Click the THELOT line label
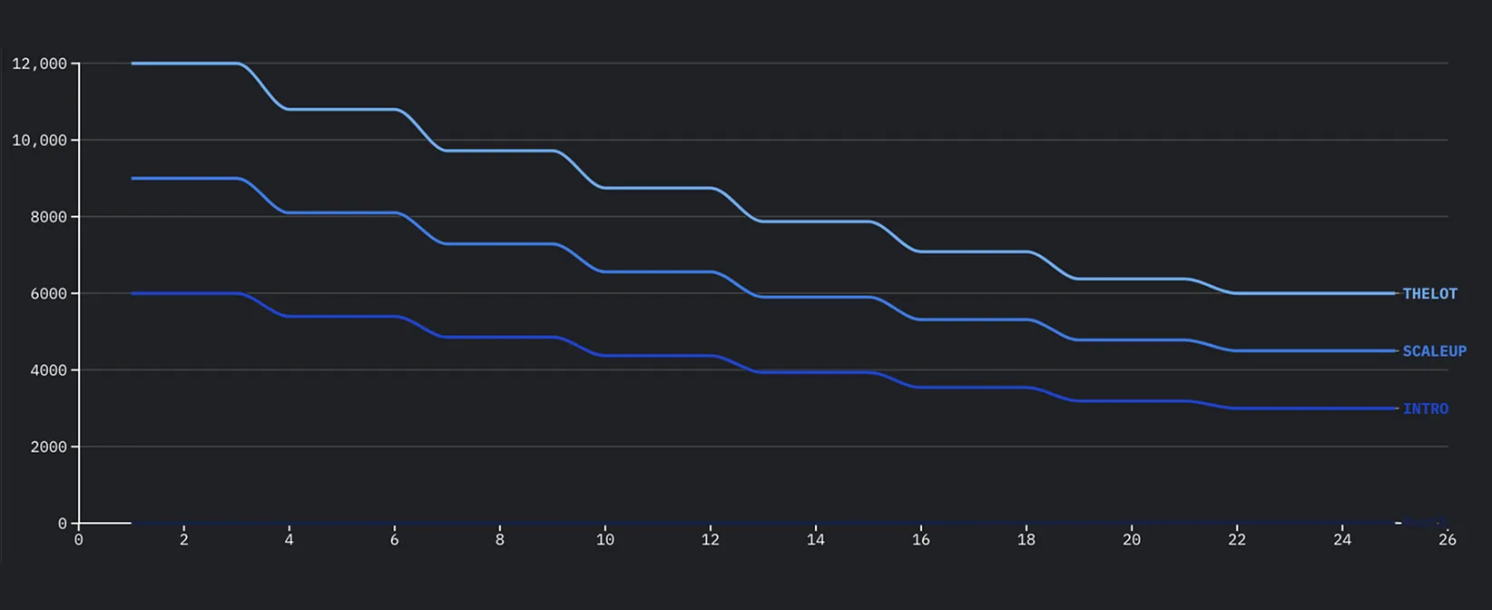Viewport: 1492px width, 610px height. pos(1429,293)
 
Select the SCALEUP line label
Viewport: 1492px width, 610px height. pos(1434,350)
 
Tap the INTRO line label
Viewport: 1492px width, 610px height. pos(1426,408)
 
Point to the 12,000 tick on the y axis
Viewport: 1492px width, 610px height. pos(40,64)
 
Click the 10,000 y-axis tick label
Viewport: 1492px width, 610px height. pos(40,140)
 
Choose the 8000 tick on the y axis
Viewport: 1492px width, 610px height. pos(48,217)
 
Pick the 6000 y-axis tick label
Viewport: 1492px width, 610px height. pos(48,293)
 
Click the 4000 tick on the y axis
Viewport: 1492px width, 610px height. pos(48,370)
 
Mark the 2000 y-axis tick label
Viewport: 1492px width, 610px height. pos(48,447)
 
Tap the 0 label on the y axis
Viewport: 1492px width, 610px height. pos(62,524)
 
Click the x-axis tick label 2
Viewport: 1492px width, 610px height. pos(184,539)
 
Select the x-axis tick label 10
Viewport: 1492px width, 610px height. pos(605,539)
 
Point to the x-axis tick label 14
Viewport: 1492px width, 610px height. pos(816,539)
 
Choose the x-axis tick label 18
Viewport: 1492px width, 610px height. pos(1026,539)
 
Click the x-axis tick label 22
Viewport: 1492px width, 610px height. pos(1237,539)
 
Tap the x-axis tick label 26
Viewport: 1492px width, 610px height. pos(1448,539)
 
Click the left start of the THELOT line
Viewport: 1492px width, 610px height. pos(133,64)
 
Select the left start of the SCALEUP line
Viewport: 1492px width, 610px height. pos(133,178)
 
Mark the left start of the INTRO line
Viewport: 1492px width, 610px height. pos(133,293)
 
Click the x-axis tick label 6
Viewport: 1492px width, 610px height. pos(395,539)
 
